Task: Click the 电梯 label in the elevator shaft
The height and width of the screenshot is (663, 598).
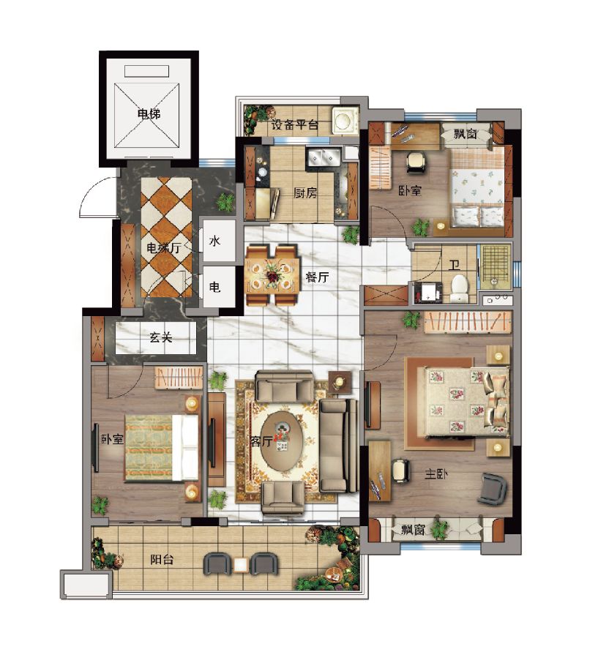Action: tap(149, 113)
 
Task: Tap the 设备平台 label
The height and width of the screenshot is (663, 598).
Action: tap(295, 124)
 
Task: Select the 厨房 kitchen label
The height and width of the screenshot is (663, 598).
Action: tap(305, 192)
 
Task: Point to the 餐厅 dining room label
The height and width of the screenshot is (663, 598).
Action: tap(317, 277)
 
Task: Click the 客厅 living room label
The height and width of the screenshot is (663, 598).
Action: tap(261, 441)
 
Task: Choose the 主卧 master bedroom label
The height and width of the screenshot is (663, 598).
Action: tap(436, 474)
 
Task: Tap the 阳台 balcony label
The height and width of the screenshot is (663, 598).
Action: tap(162, 559)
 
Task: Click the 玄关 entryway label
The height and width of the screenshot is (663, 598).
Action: tap(161, 337)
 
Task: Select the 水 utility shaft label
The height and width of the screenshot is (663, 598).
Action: tap(215, 241)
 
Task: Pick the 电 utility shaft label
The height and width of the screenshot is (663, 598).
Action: tap(215, 287)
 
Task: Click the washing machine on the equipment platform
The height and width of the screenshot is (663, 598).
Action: tap(345, 120)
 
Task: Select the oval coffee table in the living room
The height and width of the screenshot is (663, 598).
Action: tap(281, 441)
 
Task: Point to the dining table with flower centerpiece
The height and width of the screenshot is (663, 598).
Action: tap(272, 275)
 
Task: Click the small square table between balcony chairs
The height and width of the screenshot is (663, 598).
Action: tap(241, 565)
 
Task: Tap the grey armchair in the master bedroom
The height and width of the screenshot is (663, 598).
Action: tap(492, 489)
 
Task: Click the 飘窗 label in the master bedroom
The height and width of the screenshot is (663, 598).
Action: tap(413, 529)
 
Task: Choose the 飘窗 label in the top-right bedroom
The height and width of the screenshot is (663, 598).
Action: tap(466, 134)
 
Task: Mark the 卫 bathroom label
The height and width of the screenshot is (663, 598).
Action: tap(455, 265)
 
